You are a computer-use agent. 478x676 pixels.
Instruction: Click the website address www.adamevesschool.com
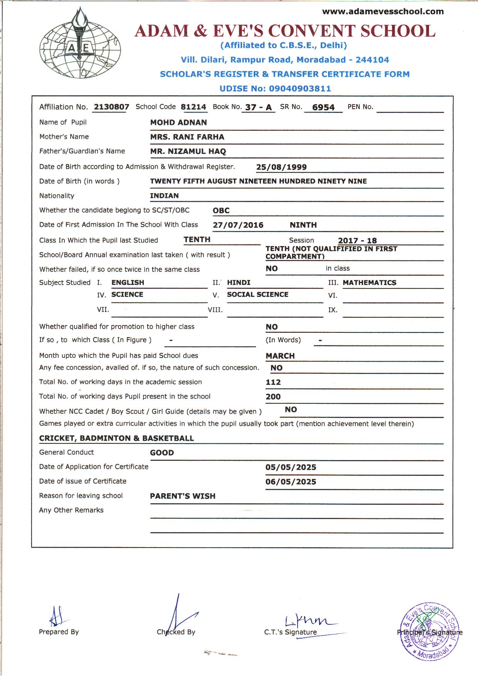click(383, 12)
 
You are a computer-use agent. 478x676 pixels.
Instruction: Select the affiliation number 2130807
click(111, 107)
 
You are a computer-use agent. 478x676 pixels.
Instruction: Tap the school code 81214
click(194, 107)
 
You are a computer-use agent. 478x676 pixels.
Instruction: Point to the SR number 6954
click(323, 107)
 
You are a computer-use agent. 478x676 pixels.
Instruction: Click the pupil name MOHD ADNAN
click(178, 123)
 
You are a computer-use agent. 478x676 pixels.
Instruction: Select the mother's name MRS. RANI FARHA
click(187, 137)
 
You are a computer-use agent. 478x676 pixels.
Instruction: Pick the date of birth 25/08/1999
click(281, 167)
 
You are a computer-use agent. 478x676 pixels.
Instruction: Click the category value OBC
click(221, 211)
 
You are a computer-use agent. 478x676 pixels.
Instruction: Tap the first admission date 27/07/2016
click(238, 225)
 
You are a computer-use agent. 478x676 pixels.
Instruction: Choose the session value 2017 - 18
click(357, 241)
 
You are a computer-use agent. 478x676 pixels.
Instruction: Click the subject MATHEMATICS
click(369, 283)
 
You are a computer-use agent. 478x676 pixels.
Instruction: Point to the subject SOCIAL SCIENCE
click(258, 295)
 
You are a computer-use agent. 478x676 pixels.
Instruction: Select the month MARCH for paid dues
click(280, 356)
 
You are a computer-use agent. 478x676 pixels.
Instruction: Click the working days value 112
click(273, 382)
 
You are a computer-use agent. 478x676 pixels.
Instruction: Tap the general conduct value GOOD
click(162, 453)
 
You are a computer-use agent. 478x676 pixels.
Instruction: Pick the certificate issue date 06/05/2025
click(291, 482)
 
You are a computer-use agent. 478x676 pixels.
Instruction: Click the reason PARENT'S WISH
click(183, 496)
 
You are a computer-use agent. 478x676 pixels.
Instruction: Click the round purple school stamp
click(428, 631)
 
